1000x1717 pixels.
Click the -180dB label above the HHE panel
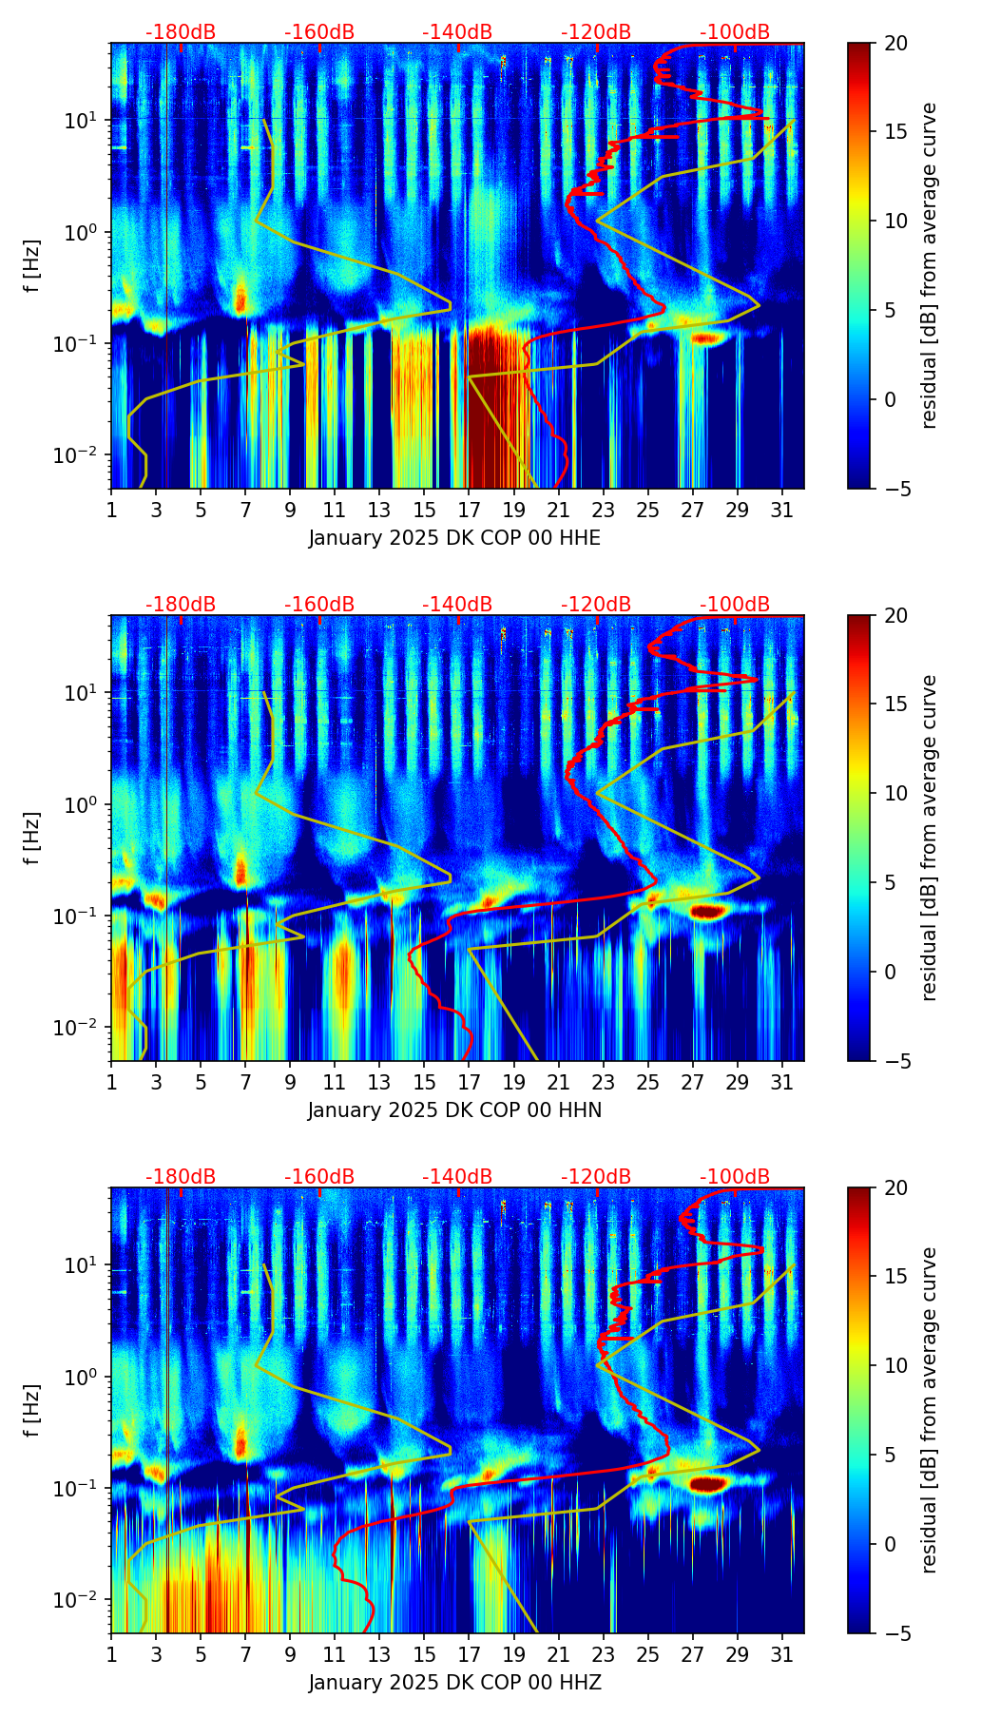pyautogui.click(x=181, y=32)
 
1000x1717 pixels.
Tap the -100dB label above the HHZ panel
pyautogui.click(x=735, y=1177)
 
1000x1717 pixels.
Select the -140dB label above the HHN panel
pyautogui.click(x=457, y=605)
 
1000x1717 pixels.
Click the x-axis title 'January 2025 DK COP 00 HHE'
pyautogui.click(x=454, y=538)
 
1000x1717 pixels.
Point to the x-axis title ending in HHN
pyautogui.click(x=454, y=1110)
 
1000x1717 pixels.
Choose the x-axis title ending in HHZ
pyautogui.click(x=454, y=1683)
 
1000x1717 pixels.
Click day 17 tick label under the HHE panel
pyautogui.click(x=469, y=510)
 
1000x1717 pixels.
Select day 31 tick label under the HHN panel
pyautogui.click(x=782, y=1082)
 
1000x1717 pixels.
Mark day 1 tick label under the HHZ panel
pyautogui.click(x=111, y=1654)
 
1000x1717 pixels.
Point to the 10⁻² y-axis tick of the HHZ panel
pyautogui.click(x=79, y=1600)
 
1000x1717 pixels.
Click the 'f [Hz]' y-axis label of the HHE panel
pyautogui.click(x=33, y=266)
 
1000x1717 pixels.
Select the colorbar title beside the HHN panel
pyautogui.click(x=930, y=838)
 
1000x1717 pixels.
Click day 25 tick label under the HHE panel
pyautogui.click(x=647, y=510)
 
